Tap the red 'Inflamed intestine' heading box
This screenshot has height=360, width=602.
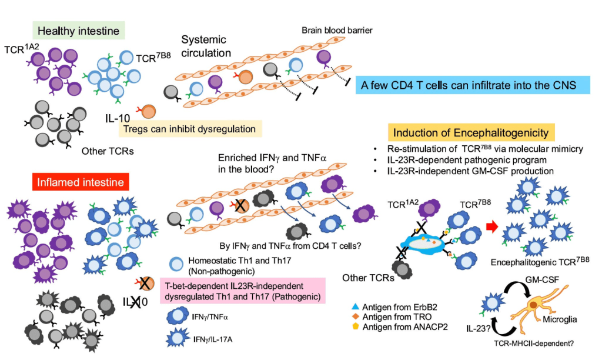[x=82, y=182]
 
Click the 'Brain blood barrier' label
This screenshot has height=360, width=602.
[x=337, y=29]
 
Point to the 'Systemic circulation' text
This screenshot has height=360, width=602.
[x=206, y=46]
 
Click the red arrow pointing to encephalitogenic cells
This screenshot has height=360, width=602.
[x=491, y=225]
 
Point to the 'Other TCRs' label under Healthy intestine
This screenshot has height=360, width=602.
[x=108, y=151]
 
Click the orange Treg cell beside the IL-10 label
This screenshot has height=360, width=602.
[x=149, y=112]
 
